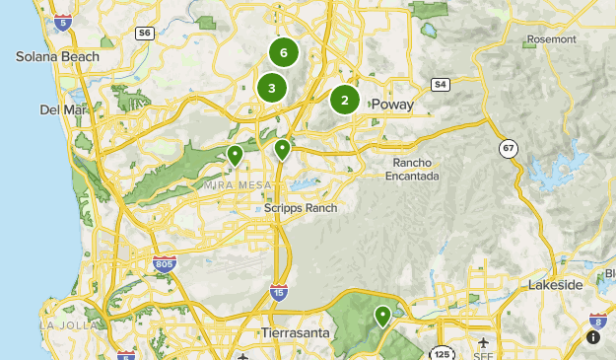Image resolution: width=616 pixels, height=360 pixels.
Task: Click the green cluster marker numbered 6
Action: coord(284,52)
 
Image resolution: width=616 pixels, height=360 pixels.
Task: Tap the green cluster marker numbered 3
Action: coord(271,88)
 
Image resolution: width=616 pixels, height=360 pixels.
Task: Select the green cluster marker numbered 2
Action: coord(345,99)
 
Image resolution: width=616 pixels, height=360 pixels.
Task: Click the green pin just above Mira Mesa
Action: coord(235,155)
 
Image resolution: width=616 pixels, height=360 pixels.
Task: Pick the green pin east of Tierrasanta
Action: coord(382,316)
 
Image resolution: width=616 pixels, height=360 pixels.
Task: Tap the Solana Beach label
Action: coord(57,56)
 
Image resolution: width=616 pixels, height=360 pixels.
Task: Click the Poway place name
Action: coord(392,104)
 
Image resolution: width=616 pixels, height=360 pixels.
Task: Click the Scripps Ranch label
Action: coord(301,208)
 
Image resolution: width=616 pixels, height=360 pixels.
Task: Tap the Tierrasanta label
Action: coord(300,333)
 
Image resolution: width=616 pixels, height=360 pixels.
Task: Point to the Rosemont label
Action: coord(551,39)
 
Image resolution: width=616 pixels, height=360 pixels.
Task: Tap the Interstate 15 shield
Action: coord(279,292)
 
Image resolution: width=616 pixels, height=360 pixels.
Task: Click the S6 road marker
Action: coord(145,33)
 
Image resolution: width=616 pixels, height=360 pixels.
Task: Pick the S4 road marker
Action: coord(440,84)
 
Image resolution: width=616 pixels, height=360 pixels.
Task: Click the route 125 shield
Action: coord(441,352)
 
